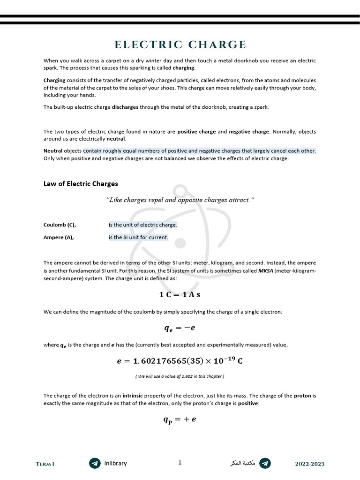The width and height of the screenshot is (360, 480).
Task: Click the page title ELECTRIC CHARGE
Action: coord(180,45)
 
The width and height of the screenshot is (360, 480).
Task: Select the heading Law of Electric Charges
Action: coord(81,184)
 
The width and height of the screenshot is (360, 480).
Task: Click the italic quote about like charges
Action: coord(180,200)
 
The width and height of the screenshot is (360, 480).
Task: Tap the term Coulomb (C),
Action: coord(60,225)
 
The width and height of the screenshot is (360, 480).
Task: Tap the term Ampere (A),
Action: coord(59,237)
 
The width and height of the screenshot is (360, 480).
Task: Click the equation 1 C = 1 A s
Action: coord(180,295)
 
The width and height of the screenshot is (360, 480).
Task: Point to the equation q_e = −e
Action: coord(180,329)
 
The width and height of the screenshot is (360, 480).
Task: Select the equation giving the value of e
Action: coord(180,361)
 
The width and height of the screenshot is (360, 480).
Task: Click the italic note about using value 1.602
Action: coord(180,376)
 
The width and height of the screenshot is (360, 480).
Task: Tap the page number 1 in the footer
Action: coord(180,463)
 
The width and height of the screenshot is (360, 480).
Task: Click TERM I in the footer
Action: coord(45,464)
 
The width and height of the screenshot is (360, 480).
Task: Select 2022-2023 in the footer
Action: coord(309,464)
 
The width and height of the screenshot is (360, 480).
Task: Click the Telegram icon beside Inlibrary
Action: coord(95,463)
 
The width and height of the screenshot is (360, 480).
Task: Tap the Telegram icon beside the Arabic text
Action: coord(265,463)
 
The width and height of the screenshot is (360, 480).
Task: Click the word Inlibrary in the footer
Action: coord(115,463)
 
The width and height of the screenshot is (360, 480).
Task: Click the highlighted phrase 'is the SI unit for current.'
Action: coord(138,237)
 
